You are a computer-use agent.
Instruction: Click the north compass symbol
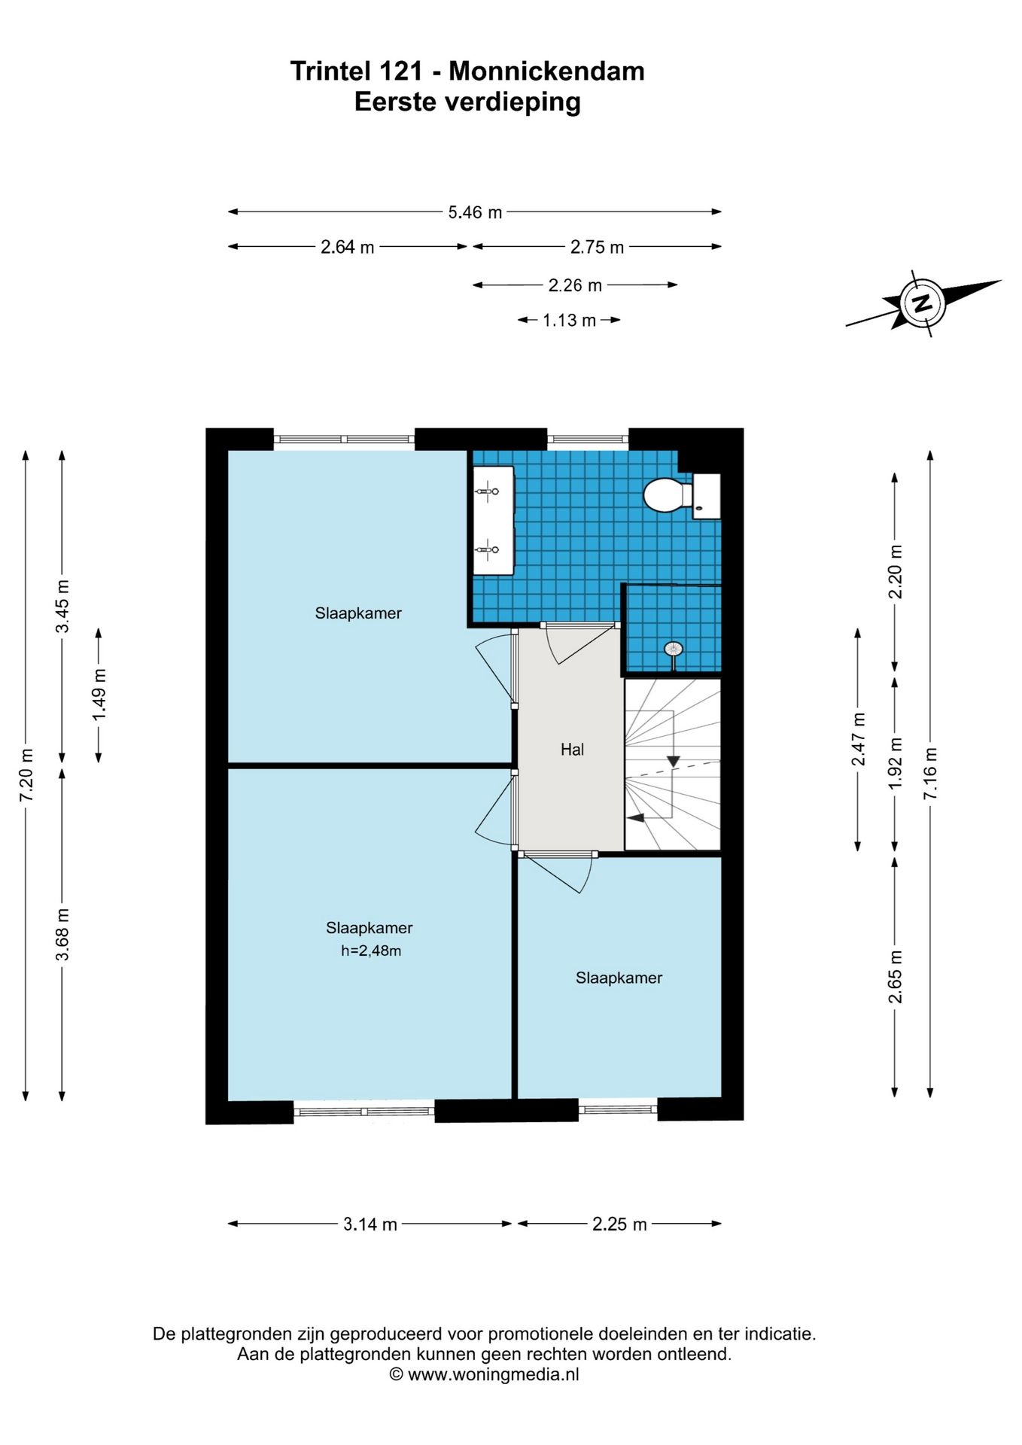tap(923, 304)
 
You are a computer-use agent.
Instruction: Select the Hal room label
tap(572, 750)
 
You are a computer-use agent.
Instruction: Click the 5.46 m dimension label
tap(475, 212)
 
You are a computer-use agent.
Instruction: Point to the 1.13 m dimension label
tap(570, 321)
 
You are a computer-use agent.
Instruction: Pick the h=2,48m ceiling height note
tap(371, 951)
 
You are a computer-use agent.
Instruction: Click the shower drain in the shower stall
tap(672, 648)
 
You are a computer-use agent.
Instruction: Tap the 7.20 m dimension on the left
tap(26, 775)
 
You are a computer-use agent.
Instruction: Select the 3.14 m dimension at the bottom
tap(370, 1224)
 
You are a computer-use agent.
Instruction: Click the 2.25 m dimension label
tap(619, 1224)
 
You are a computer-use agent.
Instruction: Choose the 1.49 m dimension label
tap(99, 694)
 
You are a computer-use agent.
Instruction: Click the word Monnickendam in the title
tap(546, 71)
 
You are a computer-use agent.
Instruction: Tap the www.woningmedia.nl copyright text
tap(484, 1374)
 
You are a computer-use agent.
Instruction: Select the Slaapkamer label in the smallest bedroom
tap(619, 978)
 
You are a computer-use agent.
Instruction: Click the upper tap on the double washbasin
tap(488, 491)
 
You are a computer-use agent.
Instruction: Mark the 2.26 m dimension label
tap(575, 285)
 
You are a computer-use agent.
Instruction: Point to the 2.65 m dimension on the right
tap(895, 977)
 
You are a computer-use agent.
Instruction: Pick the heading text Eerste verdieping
tap(467, 102)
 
